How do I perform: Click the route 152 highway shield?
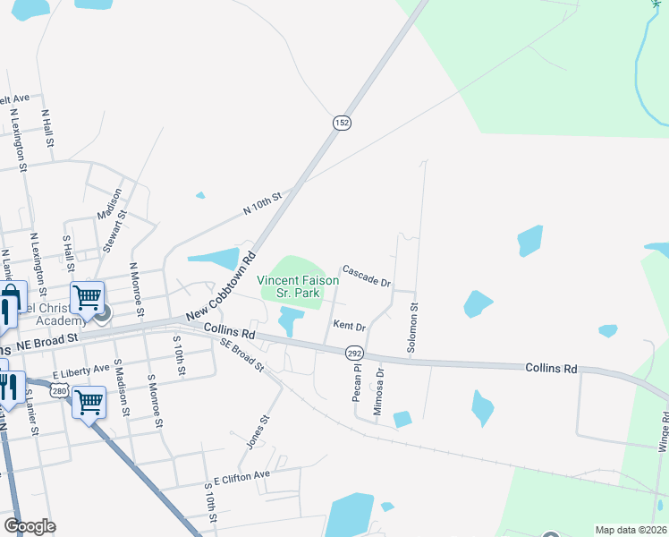pyautogui.click(x=341, y=123)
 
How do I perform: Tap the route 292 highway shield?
pyautogui.click(x=354, y=354)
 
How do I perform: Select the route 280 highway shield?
pyautogui.click(x=60, y=390)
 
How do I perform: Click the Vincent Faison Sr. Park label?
pyautogui.click(x=298, y=286)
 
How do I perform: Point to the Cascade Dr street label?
pyautogui.click(x=367, y=277)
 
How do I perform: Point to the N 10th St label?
pyautogui.click(x=262, y=203)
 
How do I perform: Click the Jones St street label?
pyautogui.click(x=257, y=432)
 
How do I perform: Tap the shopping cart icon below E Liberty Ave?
pyautogui.click(x=89, y=402)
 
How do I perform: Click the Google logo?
pyautogui.click(x=30, y=526)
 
